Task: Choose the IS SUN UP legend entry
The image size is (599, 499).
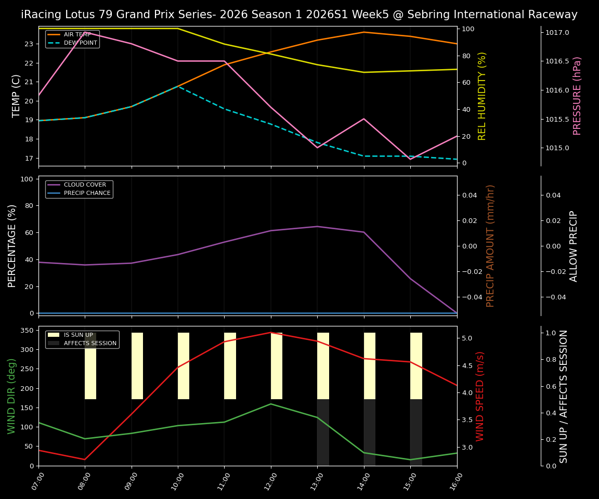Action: click(x=79, y=335)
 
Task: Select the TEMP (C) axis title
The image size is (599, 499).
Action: click(x=17, y=96)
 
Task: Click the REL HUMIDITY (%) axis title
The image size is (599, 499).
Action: click(x=482, y=96)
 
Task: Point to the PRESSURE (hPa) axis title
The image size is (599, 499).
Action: click(x=577, y=96)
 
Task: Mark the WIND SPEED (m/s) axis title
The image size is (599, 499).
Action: click(x=480, y=396)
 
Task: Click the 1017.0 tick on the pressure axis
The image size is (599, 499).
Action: click(x=557, y=33)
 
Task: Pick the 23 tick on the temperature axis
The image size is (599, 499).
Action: click(x=29, y=44)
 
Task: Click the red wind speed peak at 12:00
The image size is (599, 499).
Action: click(x=270, y=333)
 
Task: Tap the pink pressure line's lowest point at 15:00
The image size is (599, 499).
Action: click(x=410, y=159)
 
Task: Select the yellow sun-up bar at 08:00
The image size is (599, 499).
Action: click(x=90, y=366)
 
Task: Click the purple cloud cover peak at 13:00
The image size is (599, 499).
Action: click(x=317, y=227)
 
